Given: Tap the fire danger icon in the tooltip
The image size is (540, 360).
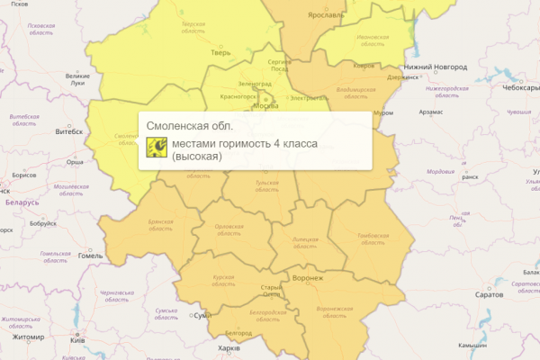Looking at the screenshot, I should (156, 148).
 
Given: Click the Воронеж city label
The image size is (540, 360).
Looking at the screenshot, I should (308, 278).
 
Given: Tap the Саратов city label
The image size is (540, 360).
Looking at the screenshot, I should (490, 294).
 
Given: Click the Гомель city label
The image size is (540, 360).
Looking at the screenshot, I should (91, 256).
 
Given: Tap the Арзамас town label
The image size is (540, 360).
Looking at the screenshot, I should (430, 112).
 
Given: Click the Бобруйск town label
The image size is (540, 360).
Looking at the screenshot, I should (42, 223).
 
